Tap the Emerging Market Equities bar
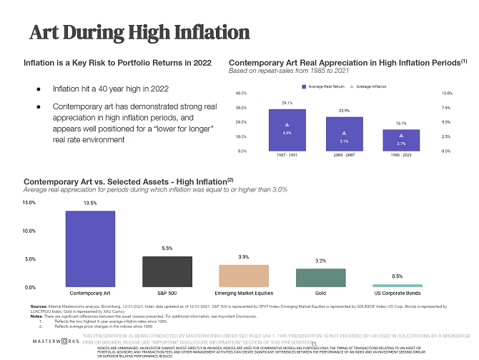(x=243, y=276)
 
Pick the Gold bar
(x=320, y=278)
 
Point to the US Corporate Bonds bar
(x=397, y=285)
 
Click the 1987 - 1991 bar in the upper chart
(x=287, y=129)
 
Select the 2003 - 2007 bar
(x=344, y=134)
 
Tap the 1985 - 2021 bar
(x=401, y=140)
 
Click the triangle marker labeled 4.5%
(x=287, y=124)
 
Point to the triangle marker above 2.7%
(x=401, y=134)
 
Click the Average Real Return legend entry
(x=327, y=86)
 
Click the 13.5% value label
(x=90, y=203)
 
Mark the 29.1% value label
(x=287, y=103)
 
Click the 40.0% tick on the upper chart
(x=241, y=94)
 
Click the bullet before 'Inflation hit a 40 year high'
(x=39, y=90)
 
